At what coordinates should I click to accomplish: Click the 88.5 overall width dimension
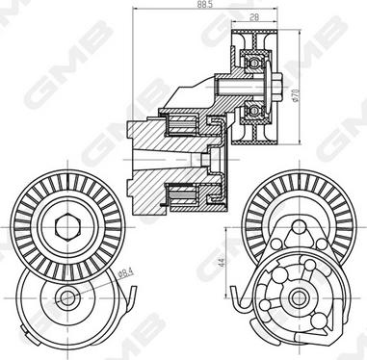coord(205,5)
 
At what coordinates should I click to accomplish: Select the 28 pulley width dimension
coord(254,17)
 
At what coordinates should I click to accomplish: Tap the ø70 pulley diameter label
coord(296,94)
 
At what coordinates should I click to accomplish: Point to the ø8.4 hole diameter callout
coord(126,273)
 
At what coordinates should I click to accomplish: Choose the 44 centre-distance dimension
coord(222,262)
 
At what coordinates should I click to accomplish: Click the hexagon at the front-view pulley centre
coord(66,226)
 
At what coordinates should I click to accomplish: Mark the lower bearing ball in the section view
coord(254,110)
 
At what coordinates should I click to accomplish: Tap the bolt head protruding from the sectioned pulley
coord(277,87)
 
